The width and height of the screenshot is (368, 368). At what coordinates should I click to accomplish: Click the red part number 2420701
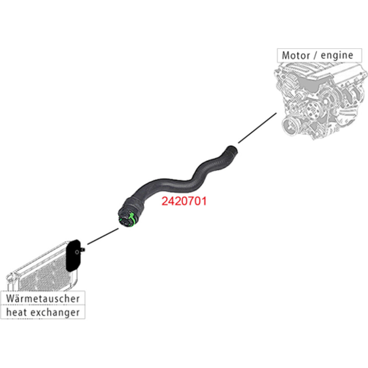(x=184, y=201)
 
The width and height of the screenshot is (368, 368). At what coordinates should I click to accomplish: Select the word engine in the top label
(x=336, y=56)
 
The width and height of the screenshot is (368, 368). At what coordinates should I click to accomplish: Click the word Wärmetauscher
(x=43, y=298)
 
